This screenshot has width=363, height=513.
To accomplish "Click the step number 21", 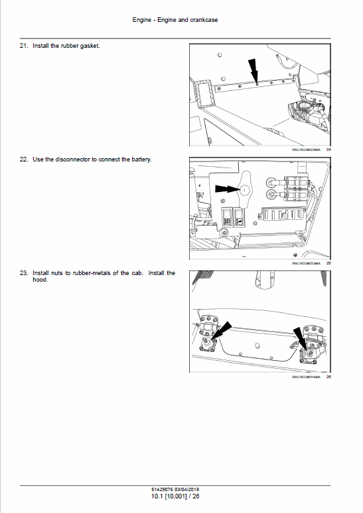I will (x=24, y=46).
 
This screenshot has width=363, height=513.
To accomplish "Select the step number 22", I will (x=24, y=159).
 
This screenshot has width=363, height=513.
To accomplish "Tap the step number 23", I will (x=24, y=272).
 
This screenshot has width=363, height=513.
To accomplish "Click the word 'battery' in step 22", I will (x=141, y=159).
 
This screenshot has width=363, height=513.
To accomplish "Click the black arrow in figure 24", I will (x=254, y=70).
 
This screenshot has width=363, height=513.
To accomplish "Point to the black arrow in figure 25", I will (x=230, y=189).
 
